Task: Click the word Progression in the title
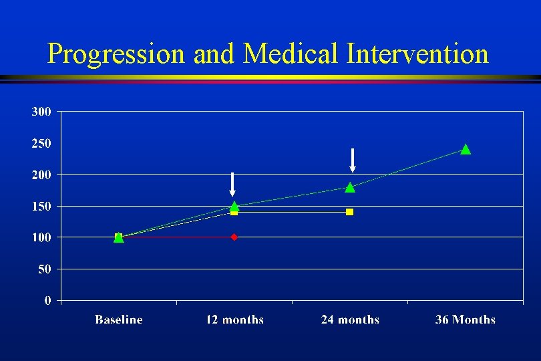118,54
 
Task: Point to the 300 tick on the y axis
41,112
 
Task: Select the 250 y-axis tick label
41,143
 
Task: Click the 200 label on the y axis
41,174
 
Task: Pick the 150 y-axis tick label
41,207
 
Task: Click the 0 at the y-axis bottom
47,301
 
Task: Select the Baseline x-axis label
119,320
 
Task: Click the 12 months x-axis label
234,320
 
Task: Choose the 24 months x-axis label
350,320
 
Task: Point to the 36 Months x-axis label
466,320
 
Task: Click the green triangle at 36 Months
466,149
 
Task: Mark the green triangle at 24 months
350,187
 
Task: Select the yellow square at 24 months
349,212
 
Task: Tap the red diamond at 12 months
234,237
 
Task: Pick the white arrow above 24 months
353,160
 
